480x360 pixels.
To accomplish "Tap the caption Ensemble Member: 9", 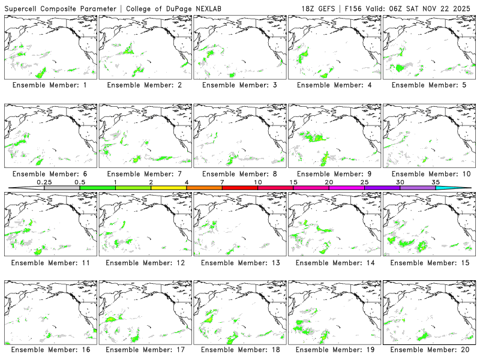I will click(334, 174).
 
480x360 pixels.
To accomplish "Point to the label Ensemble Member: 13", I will click(239, 263).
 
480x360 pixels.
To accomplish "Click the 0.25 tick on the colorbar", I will click(44, 182).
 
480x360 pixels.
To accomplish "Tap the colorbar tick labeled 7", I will click(222, 182).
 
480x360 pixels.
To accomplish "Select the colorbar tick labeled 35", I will click(436, 182).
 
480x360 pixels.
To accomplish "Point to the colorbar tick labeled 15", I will click(293, 182).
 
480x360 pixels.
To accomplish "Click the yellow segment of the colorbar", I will click(169, 188).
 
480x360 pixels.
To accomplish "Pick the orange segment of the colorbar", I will click(204, 188).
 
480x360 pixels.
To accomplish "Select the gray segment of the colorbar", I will click(62, 188).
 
